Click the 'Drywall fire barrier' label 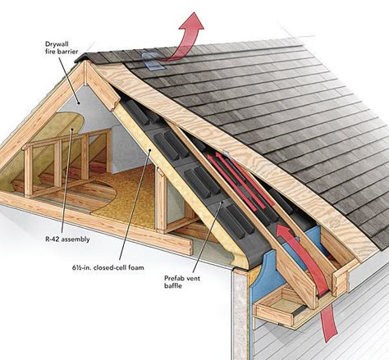[62, 48]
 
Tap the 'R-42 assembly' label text [67, 239]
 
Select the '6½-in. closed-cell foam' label [108, 267]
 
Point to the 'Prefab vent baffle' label [182, 282]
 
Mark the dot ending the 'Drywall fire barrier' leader [79, 103]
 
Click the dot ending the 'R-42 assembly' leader [72, 129]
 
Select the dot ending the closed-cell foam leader [149, 150]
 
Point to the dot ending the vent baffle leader [222, 203]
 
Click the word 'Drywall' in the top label [57, 44]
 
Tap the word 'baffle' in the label [173, 285]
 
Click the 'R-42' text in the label [53, 239]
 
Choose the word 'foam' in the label [136, 267]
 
